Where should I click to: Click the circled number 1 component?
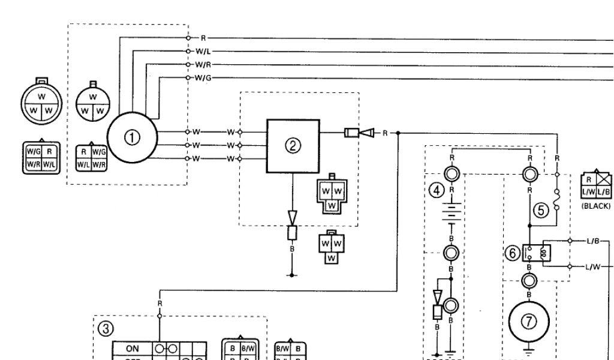click(132, 137)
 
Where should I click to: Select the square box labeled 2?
click(293, 145)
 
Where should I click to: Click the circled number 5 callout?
click(541, 210)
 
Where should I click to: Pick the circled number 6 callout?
click(513, 253)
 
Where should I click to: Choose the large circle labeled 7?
click(528, 322)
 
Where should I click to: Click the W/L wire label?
click(203, 52)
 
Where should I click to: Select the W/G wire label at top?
click(203, 77)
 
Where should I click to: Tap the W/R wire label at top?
click(203, 65)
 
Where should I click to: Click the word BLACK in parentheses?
click(596, 206)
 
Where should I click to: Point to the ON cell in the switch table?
click(133, 347)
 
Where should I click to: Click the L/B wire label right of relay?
click(593, 241)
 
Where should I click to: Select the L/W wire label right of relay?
click(593, 267)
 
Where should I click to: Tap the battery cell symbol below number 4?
click(452, 214)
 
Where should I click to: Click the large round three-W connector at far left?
click(41, 103)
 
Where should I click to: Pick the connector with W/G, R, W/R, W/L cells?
click(41, 157)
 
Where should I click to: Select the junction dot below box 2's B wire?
click(292, 275)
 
